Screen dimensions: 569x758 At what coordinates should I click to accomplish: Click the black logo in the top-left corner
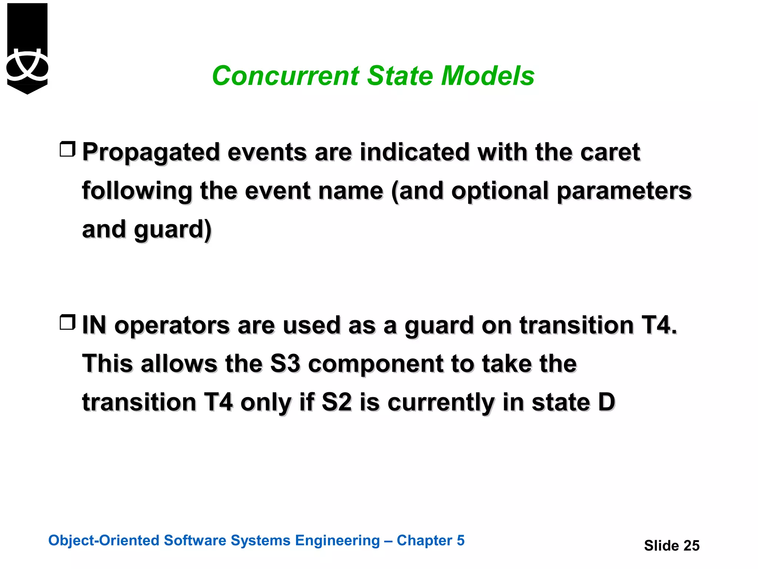click(27, 48)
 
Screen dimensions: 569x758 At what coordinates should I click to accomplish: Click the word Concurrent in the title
click(285, 76)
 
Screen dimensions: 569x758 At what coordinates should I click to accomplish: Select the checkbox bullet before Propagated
click(67, 149)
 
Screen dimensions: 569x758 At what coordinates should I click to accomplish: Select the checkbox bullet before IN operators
click(67, 322)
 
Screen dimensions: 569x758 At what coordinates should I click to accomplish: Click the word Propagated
click(151, 152)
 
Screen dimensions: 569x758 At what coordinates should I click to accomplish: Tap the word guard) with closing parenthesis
click(173, 230)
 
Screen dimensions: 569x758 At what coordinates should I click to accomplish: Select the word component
click(375, 365)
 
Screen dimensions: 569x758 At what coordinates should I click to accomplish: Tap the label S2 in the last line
click(336, 402)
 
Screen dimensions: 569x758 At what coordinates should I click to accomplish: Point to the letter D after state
click(606, 402)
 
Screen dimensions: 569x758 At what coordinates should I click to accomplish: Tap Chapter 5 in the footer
click(430, 540)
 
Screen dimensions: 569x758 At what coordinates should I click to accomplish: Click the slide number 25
click(691, 546)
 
